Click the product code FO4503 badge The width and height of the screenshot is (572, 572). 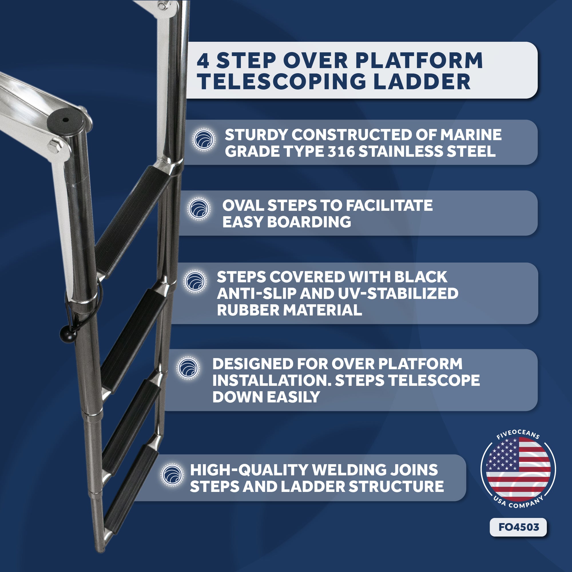(519, 527)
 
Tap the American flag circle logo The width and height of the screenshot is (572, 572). (519, 469)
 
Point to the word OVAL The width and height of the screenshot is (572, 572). (243, 205)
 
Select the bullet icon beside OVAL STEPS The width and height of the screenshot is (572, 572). (199, 209)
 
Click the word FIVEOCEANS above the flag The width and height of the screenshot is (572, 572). (518, 434)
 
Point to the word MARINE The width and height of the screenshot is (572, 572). (471, 135)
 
